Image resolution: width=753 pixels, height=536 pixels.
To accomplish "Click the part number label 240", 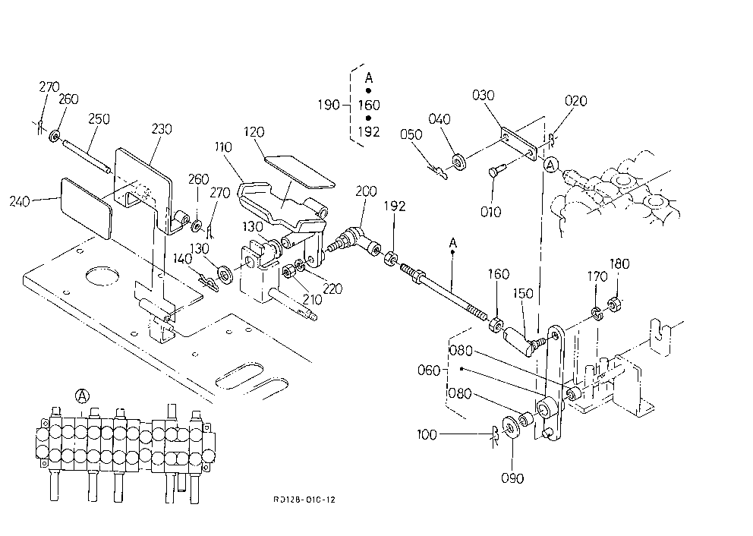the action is tap(20, 200).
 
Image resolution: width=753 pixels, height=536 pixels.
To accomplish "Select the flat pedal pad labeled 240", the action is tap(86, 208).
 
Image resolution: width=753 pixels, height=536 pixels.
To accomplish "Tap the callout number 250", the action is tap(99, 118).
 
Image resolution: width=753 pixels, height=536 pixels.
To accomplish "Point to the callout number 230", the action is tap(162, 129).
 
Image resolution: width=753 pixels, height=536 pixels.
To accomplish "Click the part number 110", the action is tap(223, 147).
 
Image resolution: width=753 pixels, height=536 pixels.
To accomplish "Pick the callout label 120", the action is tap(254, 131).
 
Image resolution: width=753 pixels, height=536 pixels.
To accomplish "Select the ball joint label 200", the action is tap(366, 191).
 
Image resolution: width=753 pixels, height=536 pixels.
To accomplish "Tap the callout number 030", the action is tap(483, 95).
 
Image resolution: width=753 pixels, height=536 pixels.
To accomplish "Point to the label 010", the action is tap(491, 211).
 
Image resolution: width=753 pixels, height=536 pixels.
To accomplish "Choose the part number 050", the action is tap(411, 134).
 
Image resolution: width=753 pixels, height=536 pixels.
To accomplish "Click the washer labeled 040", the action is tap(458, 162).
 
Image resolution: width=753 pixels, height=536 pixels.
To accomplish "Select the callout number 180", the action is tap(619, 263).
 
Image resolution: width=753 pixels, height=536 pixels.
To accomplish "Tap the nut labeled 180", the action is tap(614, 304).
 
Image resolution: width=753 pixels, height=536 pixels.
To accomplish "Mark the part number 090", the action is tap(512, 478).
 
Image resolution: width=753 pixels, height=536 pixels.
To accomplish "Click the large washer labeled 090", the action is tap(509, 427).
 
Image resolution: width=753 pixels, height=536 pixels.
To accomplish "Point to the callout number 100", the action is tap(427, 435).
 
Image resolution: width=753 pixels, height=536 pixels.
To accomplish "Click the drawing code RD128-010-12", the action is tap(304, 500).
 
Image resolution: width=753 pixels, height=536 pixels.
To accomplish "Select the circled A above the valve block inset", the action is tap(83, 396).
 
